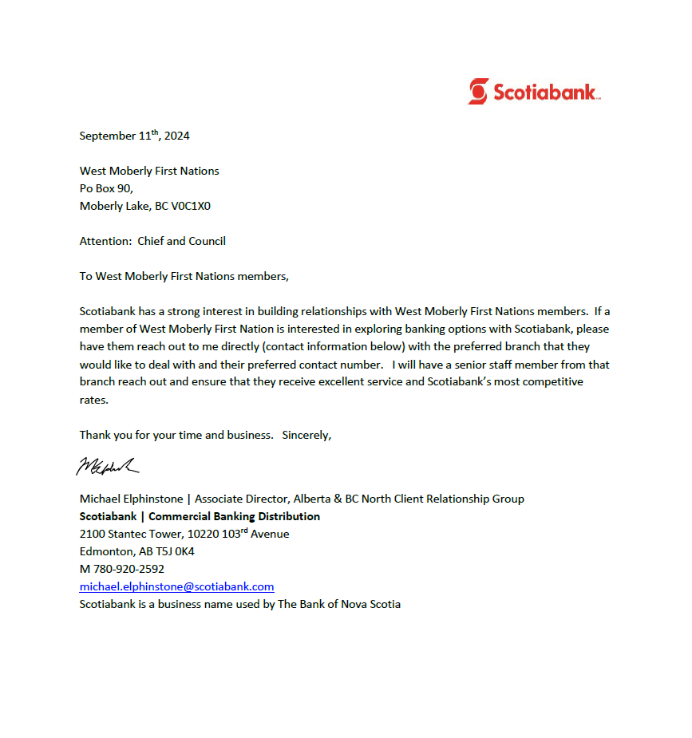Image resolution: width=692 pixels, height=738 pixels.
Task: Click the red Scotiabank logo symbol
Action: (x=478, y=91)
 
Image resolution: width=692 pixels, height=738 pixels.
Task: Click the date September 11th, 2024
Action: (x=134, y=136)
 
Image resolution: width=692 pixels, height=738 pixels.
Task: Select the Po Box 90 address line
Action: (x=106, y=188)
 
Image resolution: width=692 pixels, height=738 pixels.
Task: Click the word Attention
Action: (x=105, y=241)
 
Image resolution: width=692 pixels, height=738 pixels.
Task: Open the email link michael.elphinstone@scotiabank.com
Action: (x=176, y=586)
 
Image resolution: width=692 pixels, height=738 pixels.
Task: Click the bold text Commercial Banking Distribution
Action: (x=234, y=516)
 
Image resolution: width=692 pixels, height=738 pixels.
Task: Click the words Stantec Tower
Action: (x=146, y=534)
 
